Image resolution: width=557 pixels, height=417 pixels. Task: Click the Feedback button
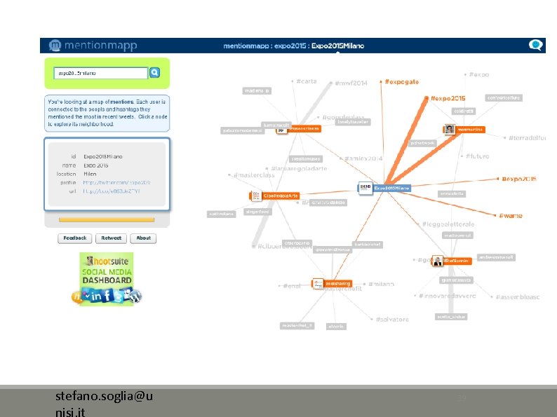coord(75,238)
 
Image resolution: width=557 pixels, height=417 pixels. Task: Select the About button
coord(143,238)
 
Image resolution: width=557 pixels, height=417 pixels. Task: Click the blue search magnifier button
coord(155,72)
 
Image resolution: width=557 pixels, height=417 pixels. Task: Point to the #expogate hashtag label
coord(402,82)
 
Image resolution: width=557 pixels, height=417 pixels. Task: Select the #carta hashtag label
coord(306,81)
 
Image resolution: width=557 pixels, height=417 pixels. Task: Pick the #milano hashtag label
coord(382,284)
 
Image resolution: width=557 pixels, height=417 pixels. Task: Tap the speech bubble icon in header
coord(536,45)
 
